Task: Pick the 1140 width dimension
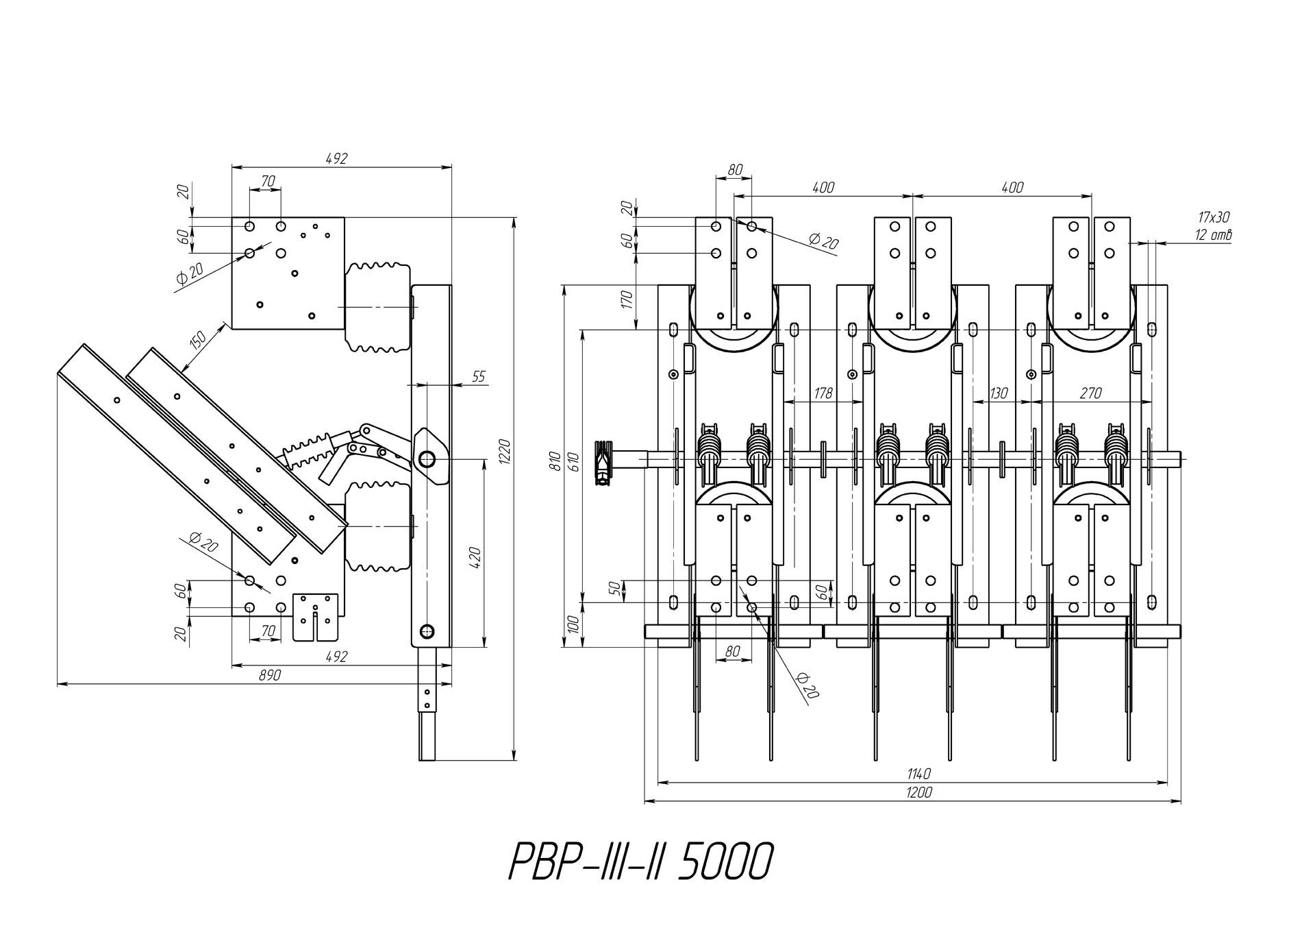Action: pos(918,774)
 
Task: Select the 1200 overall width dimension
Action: pos(918,792)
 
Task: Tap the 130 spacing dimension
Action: pos(999,393)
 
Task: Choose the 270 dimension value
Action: pos(1090,393)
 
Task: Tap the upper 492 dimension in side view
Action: pos(337,158)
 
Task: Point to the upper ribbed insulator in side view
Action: pos(378,306)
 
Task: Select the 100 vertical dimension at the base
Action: pos(573,624)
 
